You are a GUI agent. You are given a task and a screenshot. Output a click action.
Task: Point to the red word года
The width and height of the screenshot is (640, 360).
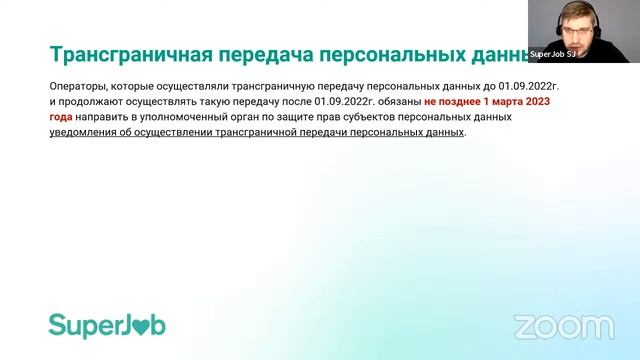click(62, 117)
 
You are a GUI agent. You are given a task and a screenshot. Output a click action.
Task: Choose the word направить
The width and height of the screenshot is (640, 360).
click(108, 117)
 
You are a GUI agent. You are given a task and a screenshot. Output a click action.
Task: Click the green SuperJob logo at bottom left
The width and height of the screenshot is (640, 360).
click(107, 325)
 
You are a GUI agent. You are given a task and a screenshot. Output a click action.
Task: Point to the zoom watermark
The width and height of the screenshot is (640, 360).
click(563, 326)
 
